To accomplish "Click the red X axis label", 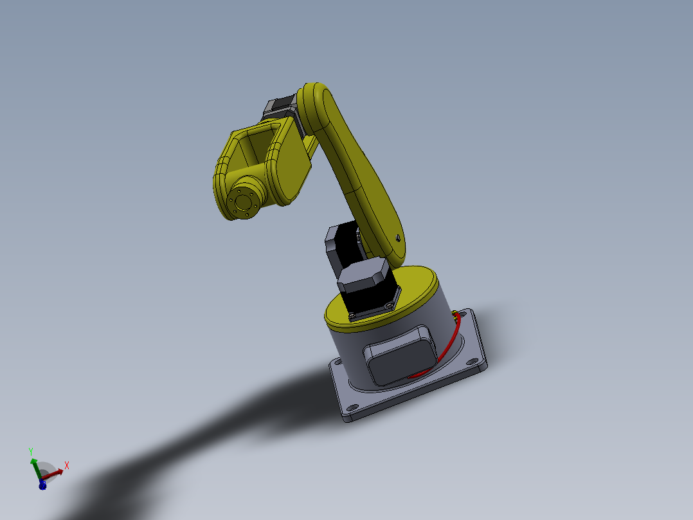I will tap(67, 465).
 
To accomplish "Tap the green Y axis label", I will tap(31, 452).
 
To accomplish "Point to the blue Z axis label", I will tap(42, 486).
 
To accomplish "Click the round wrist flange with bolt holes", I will tap(244, 201).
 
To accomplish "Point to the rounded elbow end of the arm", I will tap(315, 103).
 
